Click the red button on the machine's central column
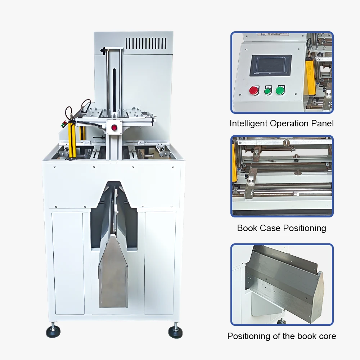click(115, 127)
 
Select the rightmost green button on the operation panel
click(280, 90)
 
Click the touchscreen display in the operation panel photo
click(270, 66)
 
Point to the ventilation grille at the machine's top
click(146, 44)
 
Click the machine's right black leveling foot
click(175, 331)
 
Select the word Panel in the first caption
click(322, 123)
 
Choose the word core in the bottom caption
click(327, 336)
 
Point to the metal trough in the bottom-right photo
click(284, 284)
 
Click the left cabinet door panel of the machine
click(68, 263)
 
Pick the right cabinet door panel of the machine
click(160, 263)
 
